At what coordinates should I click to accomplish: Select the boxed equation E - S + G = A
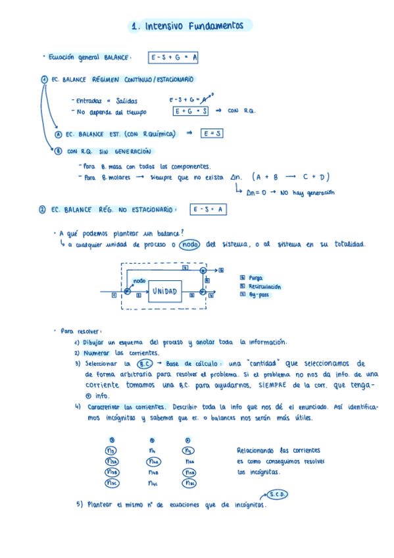pos(174,58)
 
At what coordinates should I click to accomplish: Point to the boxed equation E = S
pos(212,134)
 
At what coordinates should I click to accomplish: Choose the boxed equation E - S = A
pos(208,210)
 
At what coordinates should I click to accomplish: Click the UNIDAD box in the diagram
pos(164,290)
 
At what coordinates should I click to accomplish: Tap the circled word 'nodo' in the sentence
pos(189,245)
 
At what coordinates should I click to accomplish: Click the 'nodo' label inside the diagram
pos(140,281)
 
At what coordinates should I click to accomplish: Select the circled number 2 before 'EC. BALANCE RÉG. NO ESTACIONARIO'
pos(42,210)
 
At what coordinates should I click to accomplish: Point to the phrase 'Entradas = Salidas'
pos(107,101)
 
